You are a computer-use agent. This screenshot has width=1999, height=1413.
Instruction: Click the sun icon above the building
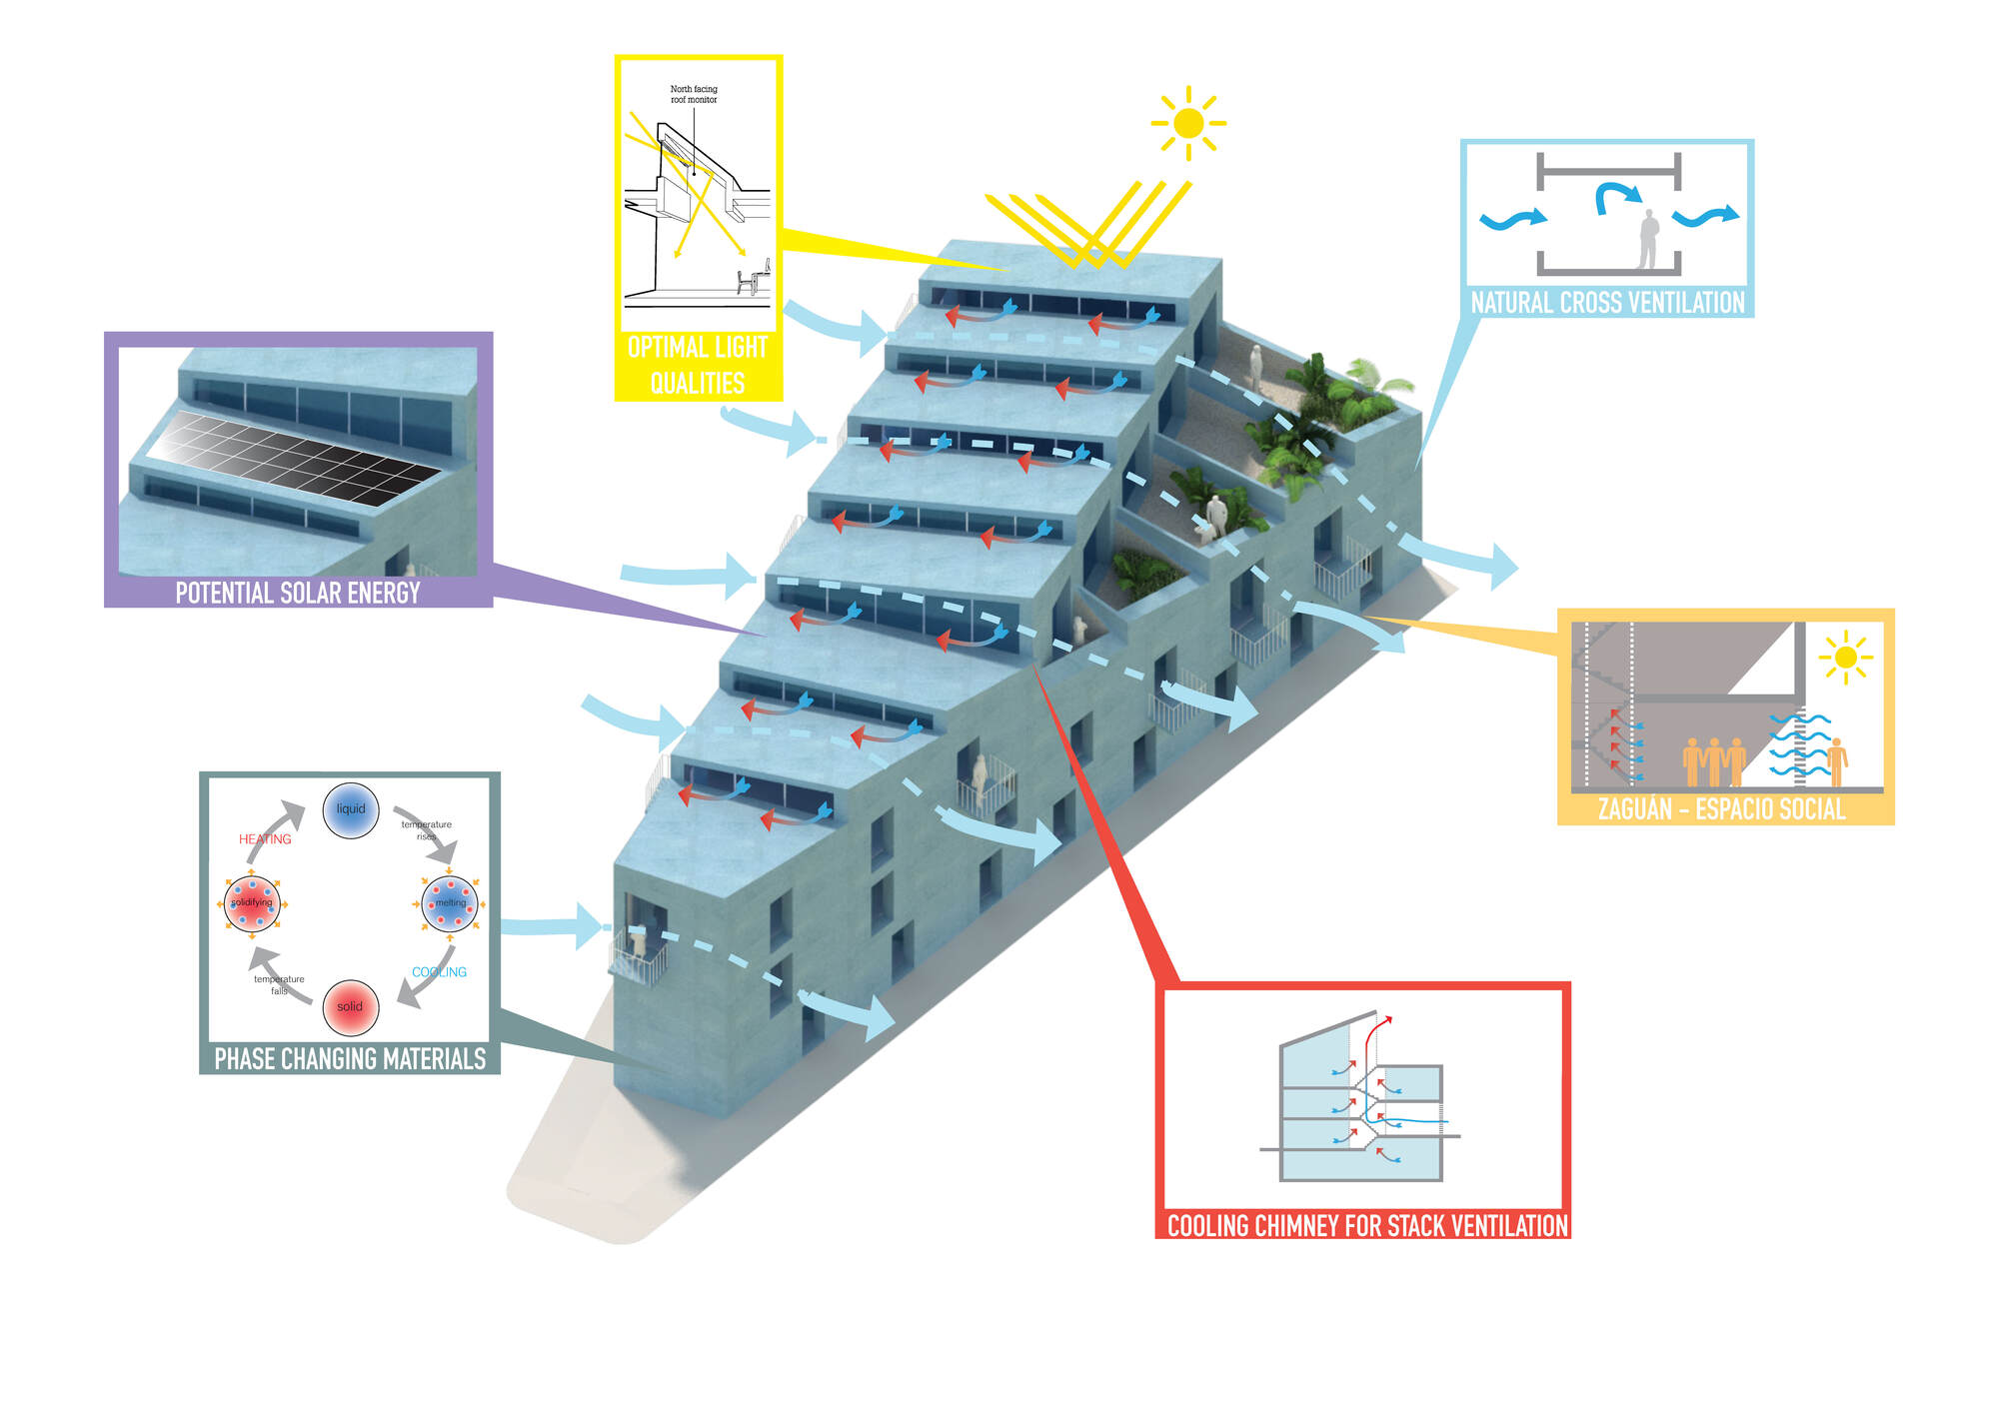[1188, 123]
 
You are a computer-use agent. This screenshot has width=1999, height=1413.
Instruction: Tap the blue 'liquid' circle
[351, 809]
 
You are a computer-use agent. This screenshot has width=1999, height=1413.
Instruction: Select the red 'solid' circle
[351, 1006]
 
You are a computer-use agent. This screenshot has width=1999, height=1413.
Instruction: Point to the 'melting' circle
[450, 903]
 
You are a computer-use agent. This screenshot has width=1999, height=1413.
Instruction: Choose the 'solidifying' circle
[252, 903]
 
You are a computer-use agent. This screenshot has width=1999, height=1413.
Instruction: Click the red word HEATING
[265, 839]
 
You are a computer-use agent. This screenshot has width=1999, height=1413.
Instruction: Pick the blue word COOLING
[439, 972]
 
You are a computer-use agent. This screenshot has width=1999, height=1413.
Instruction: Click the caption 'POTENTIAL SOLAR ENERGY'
[298, 594]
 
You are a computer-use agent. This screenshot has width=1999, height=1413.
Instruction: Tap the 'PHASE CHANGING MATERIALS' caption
[350, 1059]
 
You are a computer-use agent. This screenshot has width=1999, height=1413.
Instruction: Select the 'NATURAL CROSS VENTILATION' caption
[1607, 303]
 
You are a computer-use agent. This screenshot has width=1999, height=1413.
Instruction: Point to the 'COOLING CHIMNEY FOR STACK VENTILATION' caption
[1367, 1226]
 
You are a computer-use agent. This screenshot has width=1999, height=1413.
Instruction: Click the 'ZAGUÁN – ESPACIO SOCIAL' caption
[1721, 809]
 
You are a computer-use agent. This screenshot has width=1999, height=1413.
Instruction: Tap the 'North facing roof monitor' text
[694, 94]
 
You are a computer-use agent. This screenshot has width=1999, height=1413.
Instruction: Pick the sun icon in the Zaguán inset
[1845, 658]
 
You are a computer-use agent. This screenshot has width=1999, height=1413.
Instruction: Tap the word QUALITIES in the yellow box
[698, 384]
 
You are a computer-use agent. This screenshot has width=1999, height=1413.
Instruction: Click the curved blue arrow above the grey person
[1615, 195]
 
